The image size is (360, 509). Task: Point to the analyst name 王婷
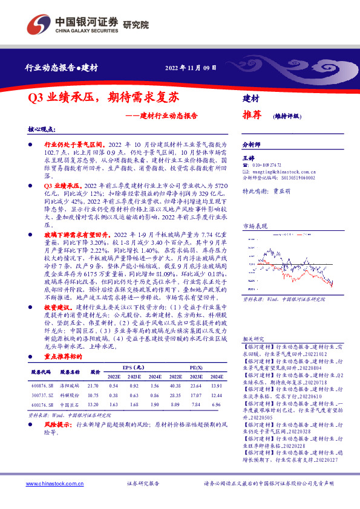click(248, 157)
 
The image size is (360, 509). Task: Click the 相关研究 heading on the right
click(251, 359)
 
